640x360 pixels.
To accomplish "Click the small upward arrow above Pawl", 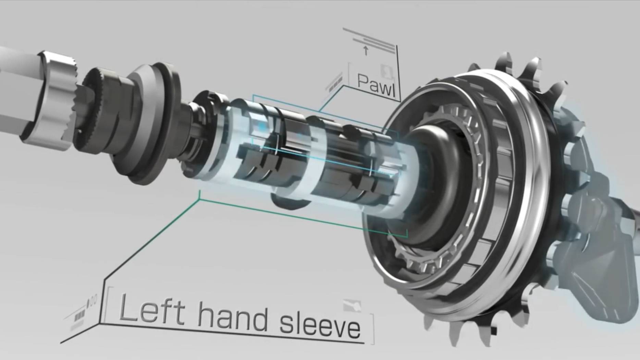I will pyautogui.click(x=366, y=51).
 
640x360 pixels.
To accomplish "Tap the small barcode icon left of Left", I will pyautogui.click(x=79, y=315).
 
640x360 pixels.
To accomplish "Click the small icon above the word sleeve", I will pyautogui.click(x=352, y=305).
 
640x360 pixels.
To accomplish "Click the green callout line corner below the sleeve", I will pyautogui.click(x=200, y=199).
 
